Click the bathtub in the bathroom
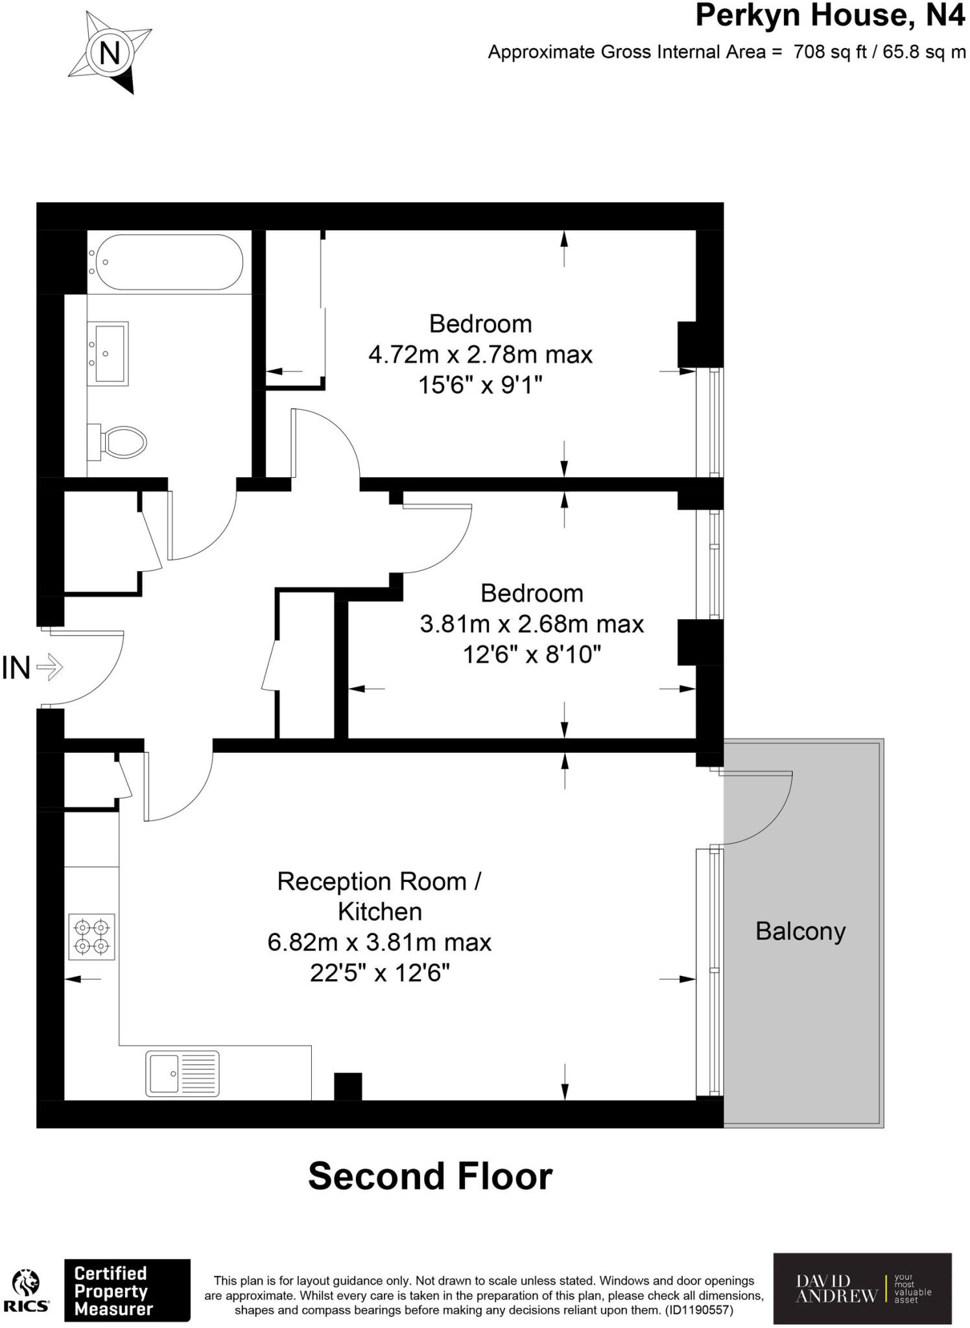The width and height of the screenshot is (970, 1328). coord(166,262)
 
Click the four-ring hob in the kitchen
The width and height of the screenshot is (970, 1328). coord(92,937)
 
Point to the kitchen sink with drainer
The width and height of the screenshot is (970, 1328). coord(182,1074)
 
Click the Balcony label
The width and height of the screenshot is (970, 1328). coord(800,932)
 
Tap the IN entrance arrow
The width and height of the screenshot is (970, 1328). coord(49,667)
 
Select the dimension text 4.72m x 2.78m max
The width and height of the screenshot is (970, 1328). coord(480,355)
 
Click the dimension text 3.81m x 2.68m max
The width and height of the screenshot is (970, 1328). coord(532,624)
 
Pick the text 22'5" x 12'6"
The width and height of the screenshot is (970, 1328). coord(379,973)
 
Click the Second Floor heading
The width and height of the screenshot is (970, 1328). coord(430,1176)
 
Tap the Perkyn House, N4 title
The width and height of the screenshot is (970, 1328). coord(829,16)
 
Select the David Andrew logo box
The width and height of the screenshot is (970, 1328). coord(862,1288)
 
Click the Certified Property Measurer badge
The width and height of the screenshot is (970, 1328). coord(127,1290)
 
